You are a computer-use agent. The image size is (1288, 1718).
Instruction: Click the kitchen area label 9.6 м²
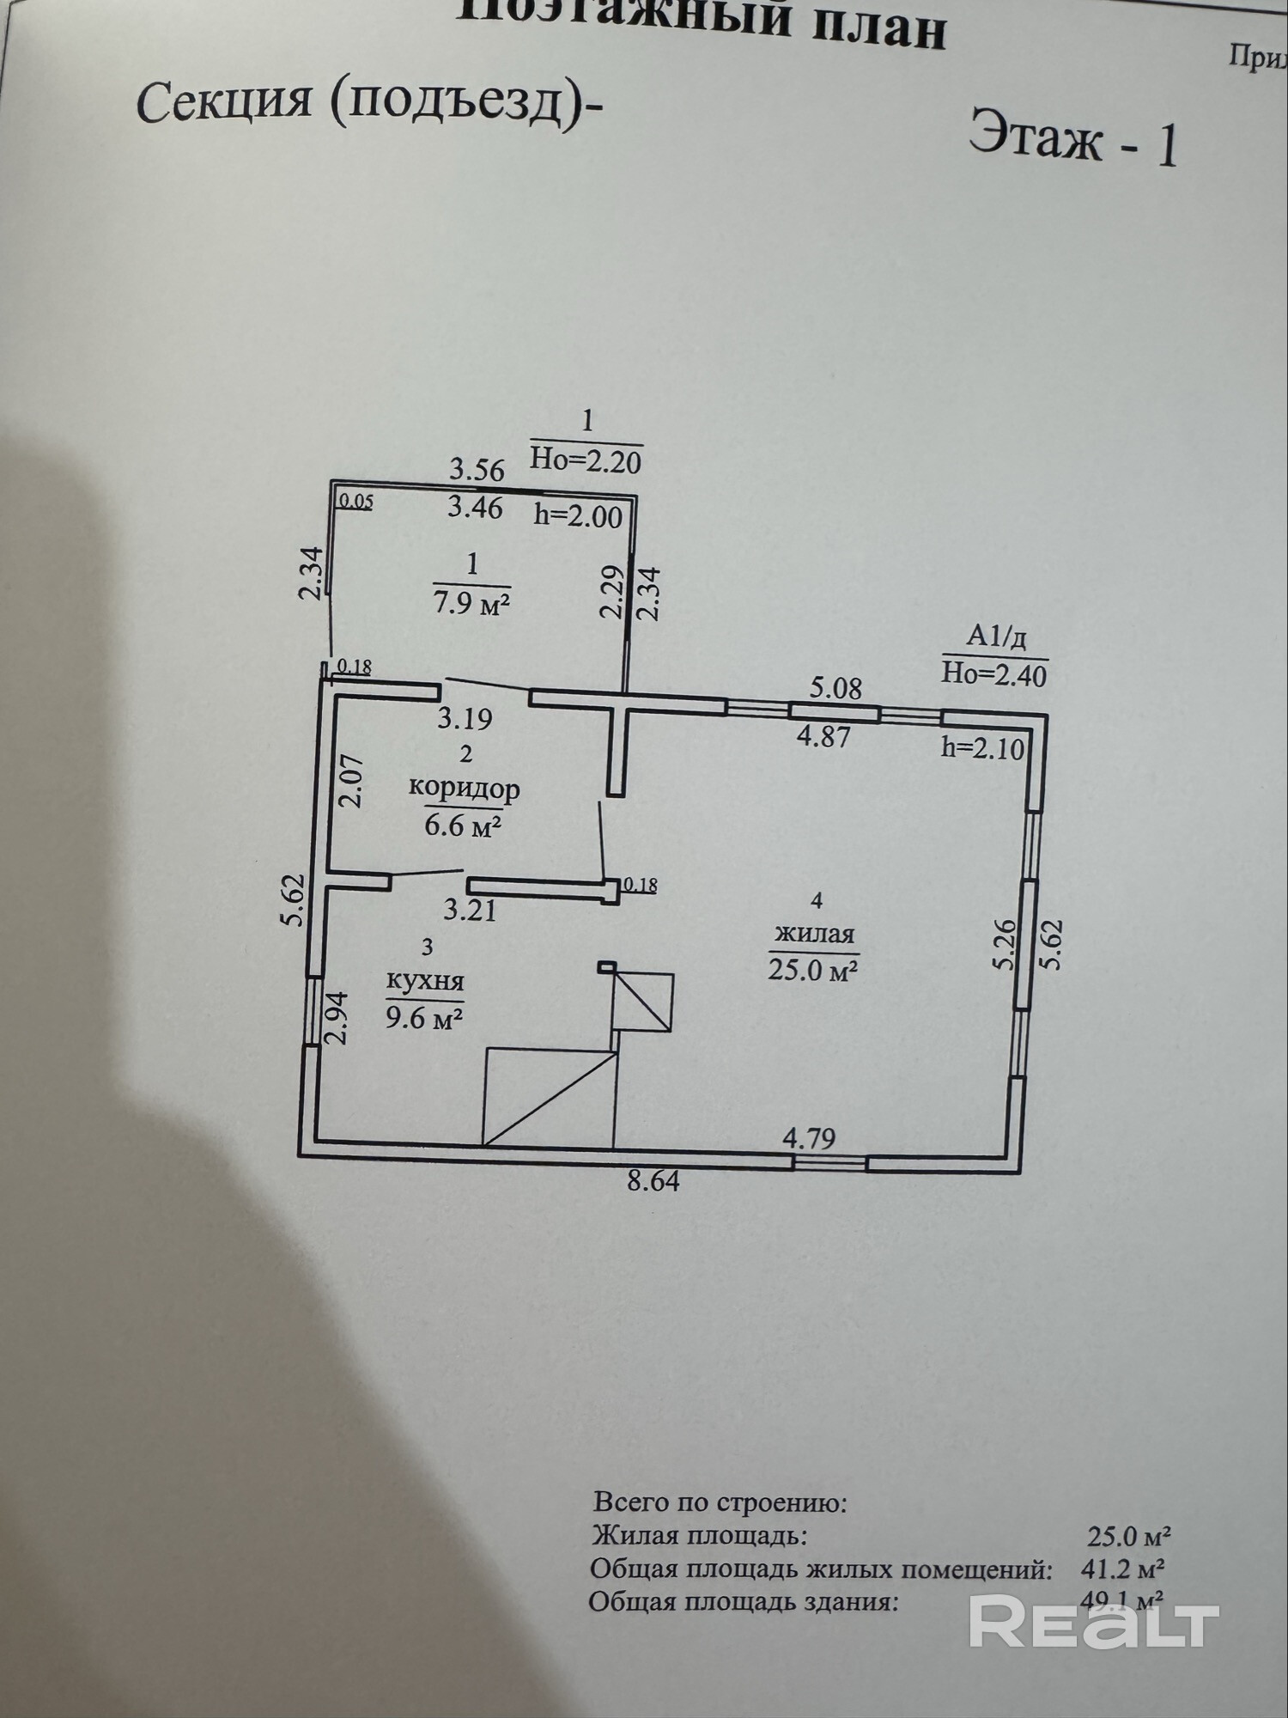pos(425,1020)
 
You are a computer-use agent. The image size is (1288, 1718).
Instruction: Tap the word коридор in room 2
pos(464,788)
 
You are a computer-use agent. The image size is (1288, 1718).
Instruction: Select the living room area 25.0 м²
pos(814,970)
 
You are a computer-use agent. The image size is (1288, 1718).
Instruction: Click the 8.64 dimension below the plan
pos(653,1181)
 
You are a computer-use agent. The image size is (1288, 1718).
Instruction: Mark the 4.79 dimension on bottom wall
pos(809,1139)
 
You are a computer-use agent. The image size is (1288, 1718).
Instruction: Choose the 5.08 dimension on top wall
pos(835,688)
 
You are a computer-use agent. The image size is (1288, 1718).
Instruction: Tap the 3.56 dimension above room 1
pos(477,470)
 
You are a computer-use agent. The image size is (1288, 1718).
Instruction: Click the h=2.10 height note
pos(982,748)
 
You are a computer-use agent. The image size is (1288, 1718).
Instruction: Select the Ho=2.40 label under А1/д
pos(993,674)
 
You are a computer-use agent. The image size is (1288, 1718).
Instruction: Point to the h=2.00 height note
pos(578,515)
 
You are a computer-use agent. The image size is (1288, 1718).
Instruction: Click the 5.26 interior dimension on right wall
pos(1005,944)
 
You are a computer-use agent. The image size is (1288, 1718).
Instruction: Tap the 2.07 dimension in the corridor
pos(352,780)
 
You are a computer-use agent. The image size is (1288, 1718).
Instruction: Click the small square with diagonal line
pos(642,1002)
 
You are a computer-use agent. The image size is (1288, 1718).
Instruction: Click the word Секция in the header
pos(223,101)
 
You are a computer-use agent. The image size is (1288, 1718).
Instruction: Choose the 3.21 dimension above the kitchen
pos(470,909)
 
